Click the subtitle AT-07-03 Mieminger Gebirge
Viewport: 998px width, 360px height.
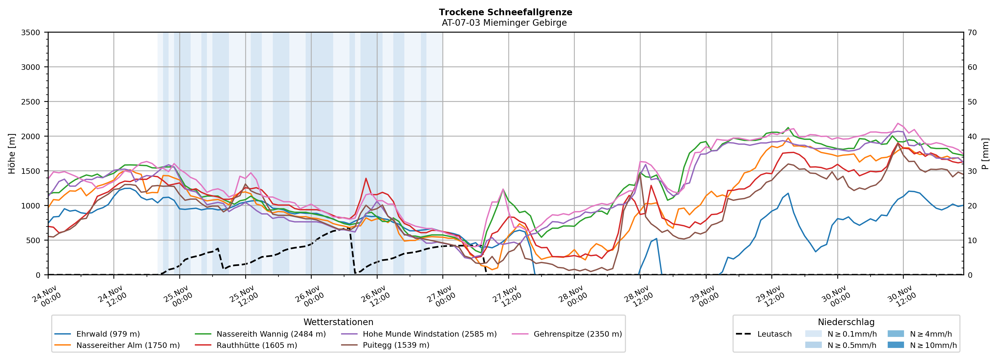point(504,23)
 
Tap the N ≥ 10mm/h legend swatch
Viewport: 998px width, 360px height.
point(895,345)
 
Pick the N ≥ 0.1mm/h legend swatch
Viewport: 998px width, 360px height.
point(813,334)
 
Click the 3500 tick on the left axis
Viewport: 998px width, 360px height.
point(31,33)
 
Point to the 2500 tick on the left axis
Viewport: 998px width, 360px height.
point(31,102)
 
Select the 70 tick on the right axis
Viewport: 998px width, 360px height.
point(972,33)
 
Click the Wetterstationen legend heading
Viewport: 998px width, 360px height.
point(338,322)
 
